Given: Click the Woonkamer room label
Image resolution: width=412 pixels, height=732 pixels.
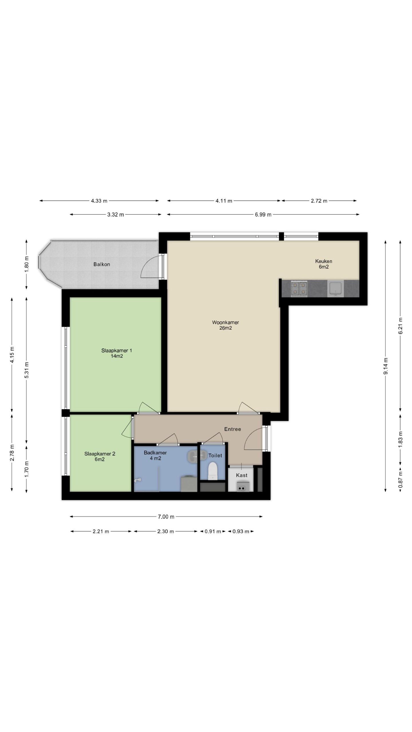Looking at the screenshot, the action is point(225,322).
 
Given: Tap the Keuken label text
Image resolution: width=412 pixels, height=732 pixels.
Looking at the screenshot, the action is point(324,261).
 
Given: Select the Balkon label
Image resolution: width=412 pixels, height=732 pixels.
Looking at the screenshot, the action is point(102,264).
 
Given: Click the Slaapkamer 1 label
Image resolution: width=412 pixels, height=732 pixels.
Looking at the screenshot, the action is point(117,350).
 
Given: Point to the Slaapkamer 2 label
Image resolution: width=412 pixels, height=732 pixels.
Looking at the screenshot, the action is point(100,453).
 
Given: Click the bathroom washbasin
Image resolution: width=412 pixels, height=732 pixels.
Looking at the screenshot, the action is point(197,455).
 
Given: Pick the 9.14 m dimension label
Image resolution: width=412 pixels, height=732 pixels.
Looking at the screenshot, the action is point(386,366).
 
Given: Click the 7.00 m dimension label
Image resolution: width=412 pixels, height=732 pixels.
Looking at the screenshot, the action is point(166,517).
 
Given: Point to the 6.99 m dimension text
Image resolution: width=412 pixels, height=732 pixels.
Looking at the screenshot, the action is point(263,214).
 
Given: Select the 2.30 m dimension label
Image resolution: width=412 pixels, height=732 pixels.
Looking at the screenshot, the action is point(166,532).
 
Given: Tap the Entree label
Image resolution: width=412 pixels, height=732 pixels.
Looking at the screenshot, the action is point(233,429).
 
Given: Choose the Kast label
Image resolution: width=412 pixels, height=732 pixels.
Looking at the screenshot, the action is point(242,475).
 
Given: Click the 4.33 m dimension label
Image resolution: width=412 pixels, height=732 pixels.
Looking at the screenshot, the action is point(99,201).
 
